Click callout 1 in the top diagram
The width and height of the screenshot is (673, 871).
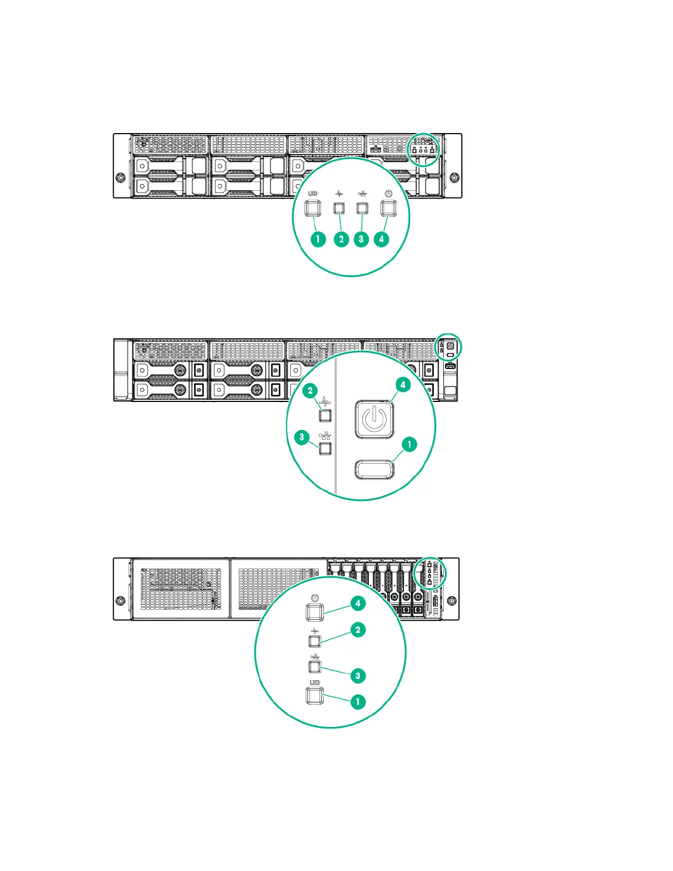pos(318,239)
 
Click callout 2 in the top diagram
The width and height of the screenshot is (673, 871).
pos(341,239)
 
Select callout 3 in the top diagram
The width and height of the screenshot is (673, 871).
pos(361,239)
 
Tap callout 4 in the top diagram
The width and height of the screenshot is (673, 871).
pos(381,239)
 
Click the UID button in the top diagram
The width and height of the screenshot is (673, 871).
pos(313,208)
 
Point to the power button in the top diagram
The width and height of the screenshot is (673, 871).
pos(389,208)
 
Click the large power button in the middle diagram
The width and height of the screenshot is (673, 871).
pos(374,420)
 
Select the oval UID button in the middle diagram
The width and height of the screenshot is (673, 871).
pos(374,469)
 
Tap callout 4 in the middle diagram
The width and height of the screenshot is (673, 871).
pos(403,385)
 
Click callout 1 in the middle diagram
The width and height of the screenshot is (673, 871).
pos(409,444)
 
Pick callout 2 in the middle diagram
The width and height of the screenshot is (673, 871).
pos(311,391)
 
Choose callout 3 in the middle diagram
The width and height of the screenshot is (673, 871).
pos(302,438)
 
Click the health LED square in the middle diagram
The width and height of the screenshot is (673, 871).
pos(326,415)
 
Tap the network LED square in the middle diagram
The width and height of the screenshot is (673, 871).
pos(326,448)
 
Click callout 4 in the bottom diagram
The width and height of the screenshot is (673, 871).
pos(358,604)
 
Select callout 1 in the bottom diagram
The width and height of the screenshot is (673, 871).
pos(358,702)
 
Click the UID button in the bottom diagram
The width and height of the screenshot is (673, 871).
pos(315,696)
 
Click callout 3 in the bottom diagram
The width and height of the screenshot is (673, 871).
pos(358,676)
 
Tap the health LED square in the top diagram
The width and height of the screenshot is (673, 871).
pos(340,208)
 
